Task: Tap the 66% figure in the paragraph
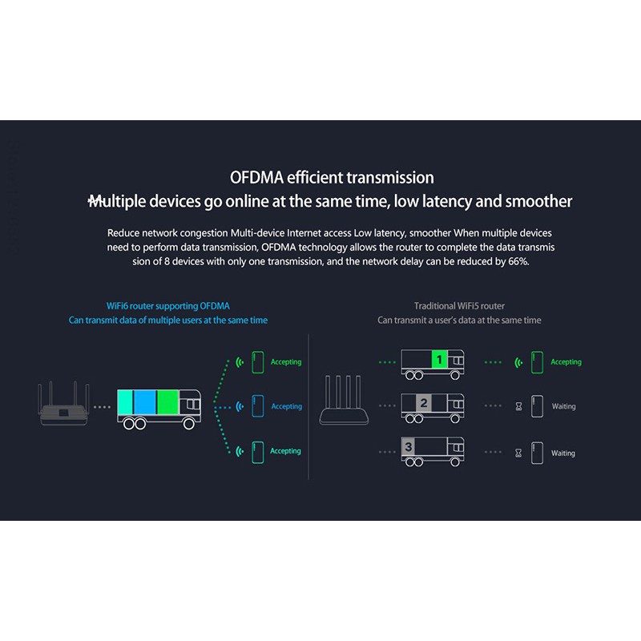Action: tap(518, 261)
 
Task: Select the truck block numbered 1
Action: tap(439, 360)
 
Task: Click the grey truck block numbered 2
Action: tap(424, 403)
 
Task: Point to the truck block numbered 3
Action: tap(409, 447)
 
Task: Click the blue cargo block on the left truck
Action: tap(145, 402)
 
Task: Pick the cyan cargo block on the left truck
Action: tap(125, 402)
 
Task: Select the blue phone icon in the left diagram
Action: tap(257, 406)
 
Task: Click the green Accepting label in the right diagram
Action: tap(566, 362)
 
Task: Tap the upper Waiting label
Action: tap(564, 406)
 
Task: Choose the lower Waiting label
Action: tap(563, 453)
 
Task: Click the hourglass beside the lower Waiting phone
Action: tap(518, 453)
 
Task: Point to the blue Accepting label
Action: tap(287, 406)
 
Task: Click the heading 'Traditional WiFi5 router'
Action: tap(459, 306)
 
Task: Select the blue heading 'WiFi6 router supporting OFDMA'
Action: tap(168, 306)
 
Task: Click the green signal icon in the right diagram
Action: tap(518, 362)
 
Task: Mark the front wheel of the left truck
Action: tap(189, 424)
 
